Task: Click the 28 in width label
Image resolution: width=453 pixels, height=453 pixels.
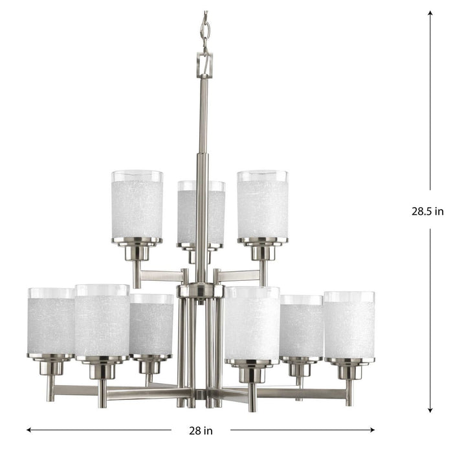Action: [201, 430]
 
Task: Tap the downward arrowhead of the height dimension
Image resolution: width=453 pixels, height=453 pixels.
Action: [430, 412]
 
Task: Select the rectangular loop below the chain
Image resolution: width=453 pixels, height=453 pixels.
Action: [204, 65]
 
